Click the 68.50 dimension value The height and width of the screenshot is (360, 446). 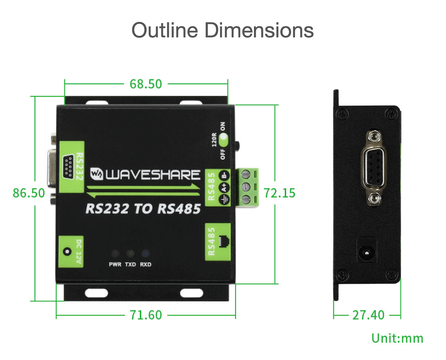(146, 84)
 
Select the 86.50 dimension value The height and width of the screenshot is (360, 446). (29, 193)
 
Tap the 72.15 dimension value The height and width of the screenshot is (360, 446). (280, 193)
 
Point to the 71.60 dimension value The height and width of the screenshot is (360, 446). (146, 315)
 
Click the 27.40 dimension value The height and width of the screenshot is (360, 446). (368, 315)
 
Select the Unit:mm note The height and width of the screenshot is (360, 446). (397, 339)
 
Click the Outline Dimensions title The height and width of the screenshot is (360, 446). (223, 30)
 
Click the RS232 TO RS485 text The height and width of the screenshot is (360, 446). (143, 209)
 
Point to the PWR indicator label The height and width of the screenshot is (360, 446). (115, 265)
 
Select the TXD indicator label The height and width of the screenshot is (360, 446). (130, 265)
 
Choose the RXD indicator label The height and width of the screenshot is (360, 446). (146, 265)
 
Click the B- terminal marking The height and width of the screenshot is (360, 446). (224, 175)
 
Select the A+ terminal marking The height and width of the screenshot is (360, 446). (224, 188)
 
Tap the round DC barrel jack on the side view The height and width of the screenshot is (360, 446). (367, 253)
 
